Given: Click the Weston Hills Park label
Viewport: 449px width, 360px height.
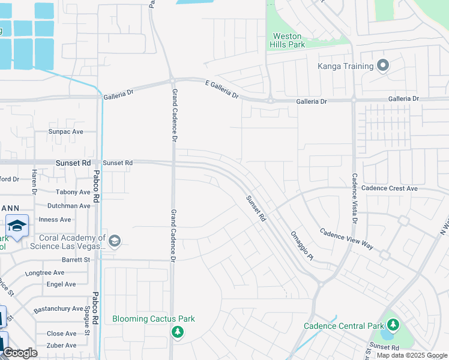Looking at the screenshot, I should point(289,40).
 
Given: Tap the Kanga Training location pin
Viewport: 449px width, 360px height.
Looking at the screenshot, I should point(384,66).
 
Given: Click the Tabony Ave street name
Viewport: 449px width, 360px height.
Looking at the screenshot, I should point(73,192).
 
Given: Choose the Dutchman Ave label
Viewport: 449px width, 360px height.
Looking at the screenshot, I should point(68,206).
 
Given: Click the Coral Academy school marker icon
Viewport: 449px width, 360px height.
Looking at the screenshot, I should point(115,241).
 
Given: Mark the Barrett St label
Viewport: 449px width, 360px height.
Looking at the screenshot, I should point(76,260).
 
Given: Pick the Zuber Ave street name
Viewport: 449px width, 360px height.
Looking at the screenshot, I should point(62,346).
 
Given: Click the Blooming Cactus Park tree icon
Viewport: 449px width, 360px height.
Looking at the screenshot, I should point(177,332).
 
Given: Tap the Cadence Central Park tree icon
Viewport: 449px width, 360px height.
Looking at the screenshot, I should point(393,325).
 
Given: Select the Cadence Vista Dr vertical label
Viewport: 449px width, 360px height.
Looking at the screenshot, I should point(354,199).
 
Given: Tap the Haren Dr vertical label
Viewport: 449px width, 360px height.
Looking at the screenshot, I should point(34,182).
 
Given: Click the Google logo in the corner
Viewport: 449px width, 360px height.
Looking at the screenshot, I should point(20,353).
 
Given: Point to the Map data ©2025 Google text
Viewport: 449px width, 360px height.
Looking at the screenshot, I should point(412,355).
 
